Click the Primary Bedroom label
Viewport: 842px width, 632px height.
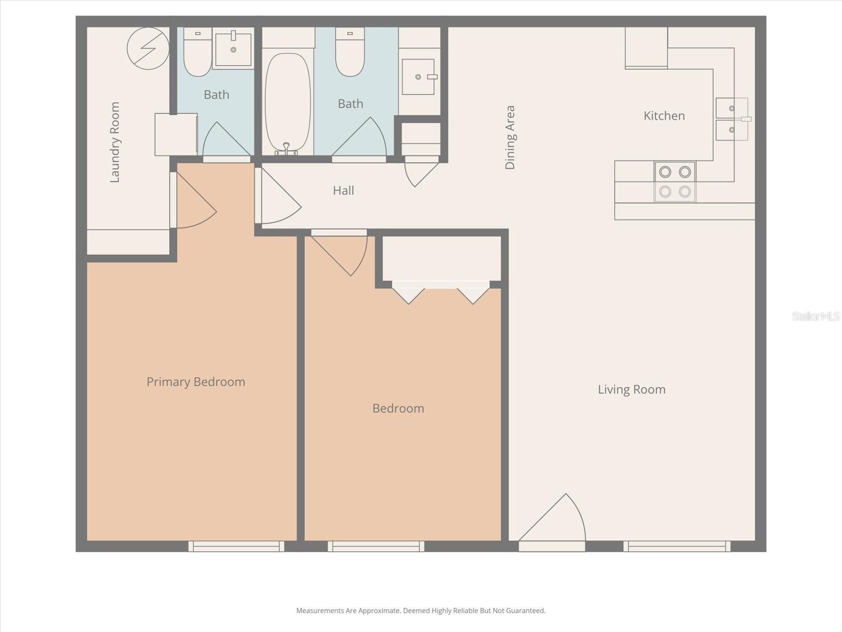pos(196,382)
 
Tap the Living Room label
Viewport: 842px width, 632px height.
pos(631,390)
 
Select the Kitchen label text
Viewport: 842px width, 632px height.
pos(664,116)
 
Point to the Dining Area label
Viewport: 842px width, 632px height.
pos(510,137)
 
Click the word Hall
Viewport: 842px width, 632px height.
pos(343,191)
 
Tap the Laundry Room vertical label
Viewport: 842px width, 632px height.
pos(115,142)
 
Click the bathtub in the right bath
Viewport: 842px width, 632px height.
pos(287,103)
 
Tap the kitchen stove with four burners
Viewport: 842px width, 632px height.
pos(675,182)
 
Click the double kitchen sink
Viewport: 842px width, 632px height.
pos(731,119)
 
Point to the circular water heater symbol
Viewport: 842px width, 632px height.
pos(148,48)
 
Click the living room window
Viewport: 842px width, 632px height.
pos(677,546)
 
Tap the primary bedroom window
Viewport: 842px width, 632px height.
pos(236,546)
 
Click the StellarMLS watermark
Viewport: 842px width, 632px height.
pos(815,316)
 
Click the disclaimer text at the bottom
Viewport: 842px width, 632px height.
pos(420,611)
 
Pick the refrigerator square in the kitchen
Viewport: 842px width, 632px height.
pos(646,47)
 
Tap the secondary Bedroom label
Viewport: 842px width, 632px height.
pos(398,409)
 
